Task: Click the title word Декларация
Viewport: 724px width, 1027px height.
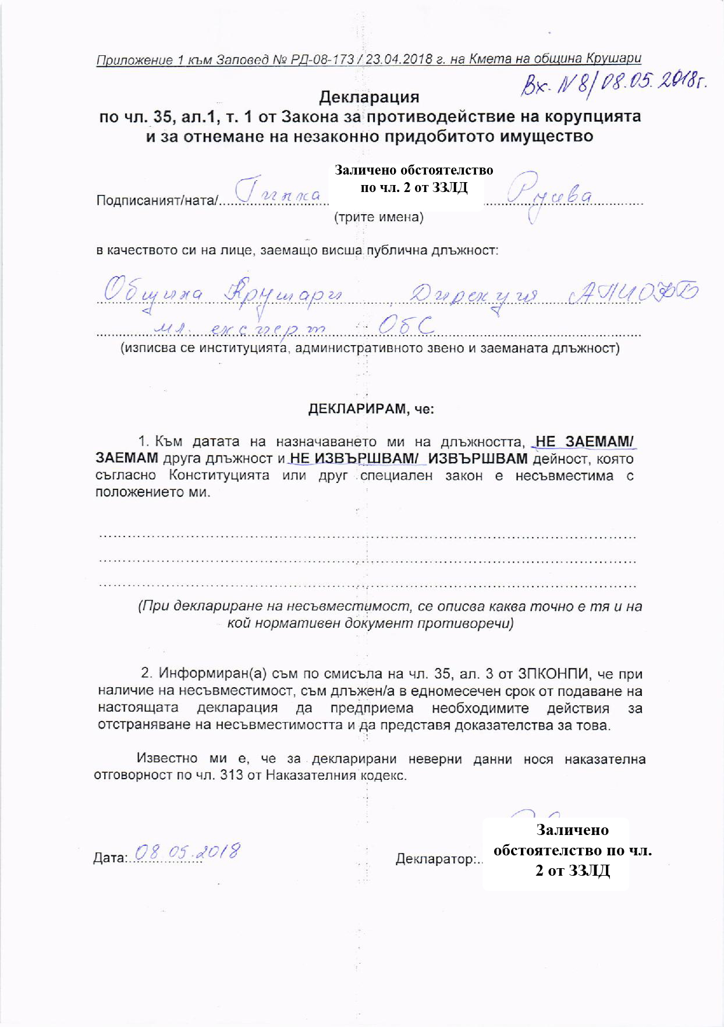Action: [x=369, y=96]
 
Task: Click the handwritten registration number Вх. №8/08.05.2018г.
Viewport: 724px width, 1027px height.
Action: [x=612, y=87]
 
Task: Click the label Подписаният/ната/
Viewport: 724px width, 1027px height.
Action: [x=157, y=201]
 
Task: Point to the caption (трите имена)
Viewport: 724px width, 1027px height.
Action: [x=378, y=218]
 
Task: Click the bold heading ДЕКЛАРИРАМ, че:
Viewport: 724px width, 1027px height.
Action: [x=371, y=408]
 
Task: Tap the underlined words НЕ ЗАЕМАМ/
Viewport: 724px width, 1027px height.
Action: [x=584, y=442]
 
